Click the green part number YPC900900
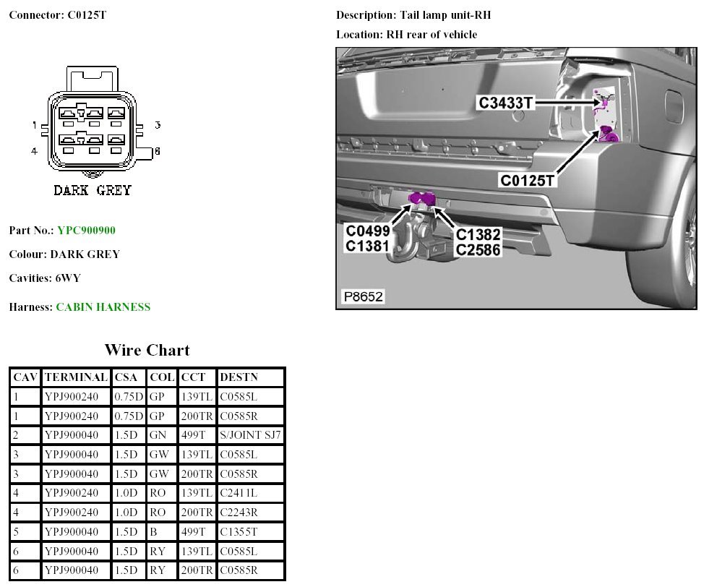click(86, 231)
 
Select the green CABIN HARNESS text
click(103, 307)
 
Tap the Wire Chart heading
click(147, 351)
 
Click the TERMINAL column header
click(75, 377)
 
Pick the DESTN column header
click(239, 377)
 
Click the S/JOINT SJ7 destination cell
click(250, 435)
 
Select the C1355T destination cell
click(238, 532)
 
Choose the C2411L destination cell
click(238, 493)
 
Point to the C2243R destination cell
click(238, 513)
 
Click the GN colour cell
click(157, 435)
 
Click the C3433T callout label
click(506, 103)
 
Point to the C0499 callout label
click(368, 231)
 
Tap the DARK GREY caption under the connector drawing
click(93, 191)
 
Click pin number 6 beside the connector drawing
click(157, 151)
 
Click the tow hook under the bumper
click(415, 239)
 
